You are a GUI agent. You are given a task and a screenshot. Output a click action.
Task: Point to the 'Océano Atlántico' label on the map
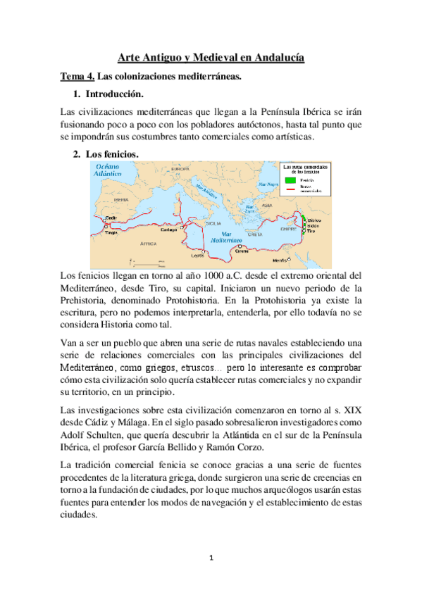tap(111, 169)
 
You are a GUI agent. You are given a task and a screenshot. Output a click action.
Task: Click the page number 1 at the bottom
tap(211, 558)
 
